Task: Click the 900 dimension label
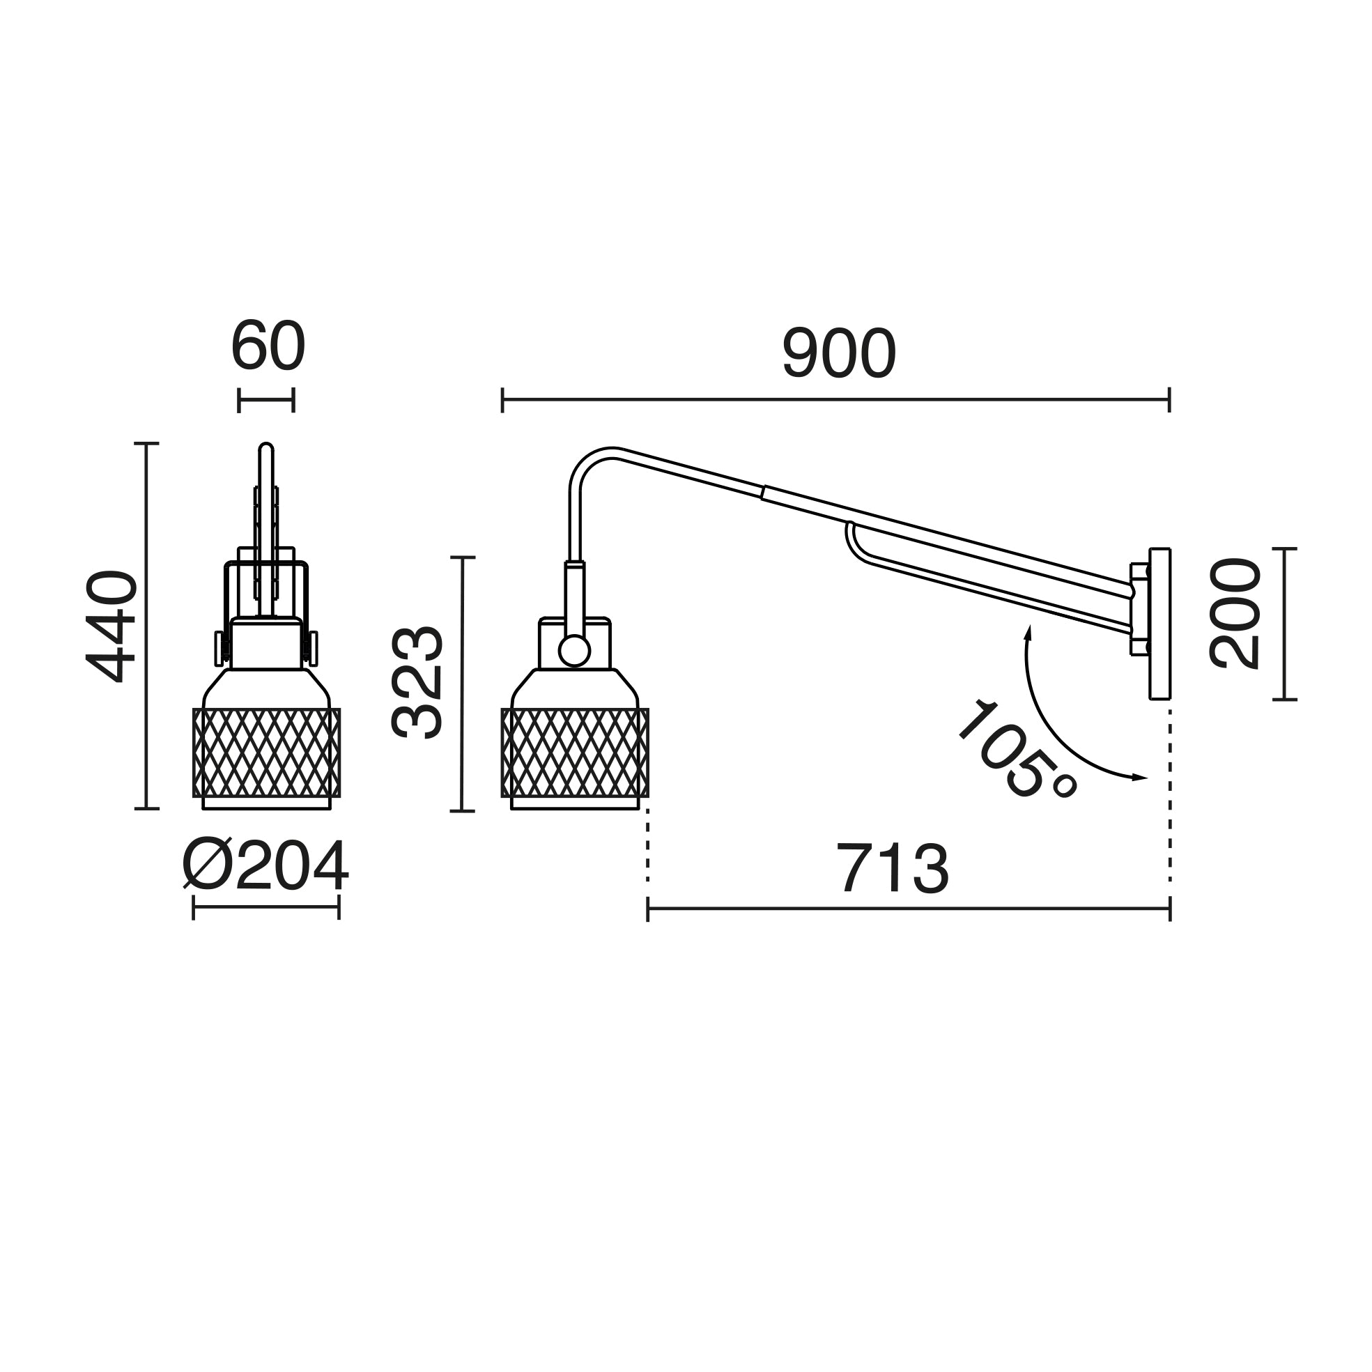[x=840, y=353]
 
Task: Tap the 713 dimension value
[x=893, y=868]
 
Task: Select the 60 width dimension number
[x=268, y=346]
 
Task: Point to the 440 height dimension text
[x=111, y=626]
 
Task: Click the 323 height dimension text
[x=417, y=682]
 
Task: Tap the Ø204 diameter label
[x=265, y=865]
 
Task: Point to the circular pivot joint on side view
[x=573, y=652]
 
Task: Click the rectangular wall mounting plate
[x=1159, y=624]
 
